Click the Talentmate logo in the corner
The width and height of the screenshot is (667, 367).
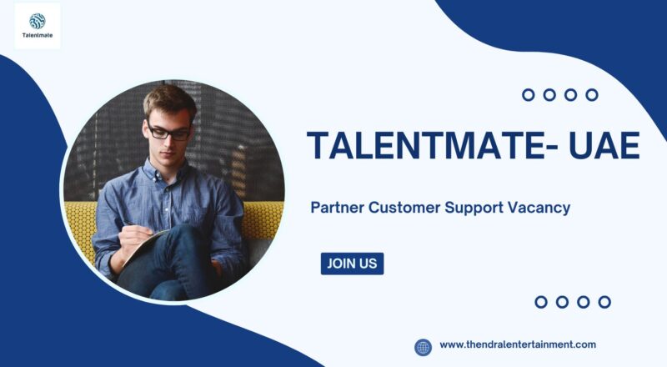[x=38, y=26]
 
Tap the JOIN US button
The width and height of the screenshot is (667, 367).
[x=352, y=264]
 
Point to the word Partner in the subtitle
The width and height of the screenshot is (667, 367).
[x=337, y=208]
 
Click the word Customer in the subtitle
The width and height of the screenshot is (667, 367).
[x=405, y=208]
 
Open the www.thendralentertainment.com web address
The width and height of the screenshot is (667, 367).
[x=517, y=344]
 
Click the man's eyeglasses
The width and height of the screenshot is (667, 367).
[x=169, y=131]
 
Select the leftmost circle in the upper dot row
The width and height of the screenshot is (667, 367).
[x=528, y=95]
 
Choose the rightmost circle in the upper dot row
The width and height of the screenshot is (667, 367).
[x=592, y=95]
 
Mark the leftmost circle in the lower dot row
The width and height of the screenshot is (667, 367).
[x=540, y=302]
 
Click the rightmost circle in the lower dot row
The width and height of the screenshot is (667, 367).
[x=604, y=302]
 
